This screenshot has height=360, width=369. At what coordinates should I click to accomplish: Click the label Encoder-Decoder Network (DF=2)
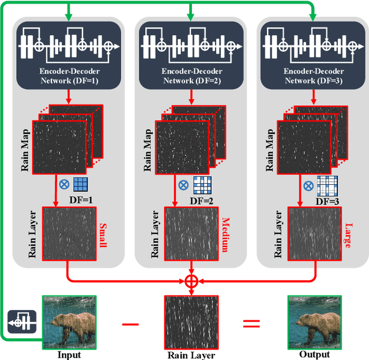point(190,77)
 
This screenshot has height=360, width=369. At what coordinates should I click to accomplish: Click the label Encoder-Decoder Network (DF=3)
point(311,77)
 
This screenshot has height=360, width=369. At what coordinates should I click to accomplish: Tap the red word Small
point(104,236)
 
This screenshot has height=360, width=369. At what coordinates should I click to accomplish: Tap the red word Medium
point(225,236)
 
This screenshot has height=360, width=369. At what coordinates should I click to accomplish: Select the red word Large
point(347,236)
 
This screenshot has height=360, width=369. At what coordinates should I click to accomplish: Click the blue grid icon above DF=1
point(80,185)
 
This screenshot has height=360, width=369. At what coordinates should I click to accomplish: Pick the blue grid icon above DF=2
point(202,185)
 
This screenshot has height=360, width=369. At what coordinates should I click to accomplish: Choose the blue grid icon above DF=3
point(326,185)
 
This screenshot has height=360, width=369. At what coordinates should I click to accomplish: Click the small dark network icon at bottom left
point(22,321)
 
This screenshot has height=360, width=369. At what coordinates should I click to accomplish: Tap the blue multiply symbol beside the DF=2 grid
point(183,185)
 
